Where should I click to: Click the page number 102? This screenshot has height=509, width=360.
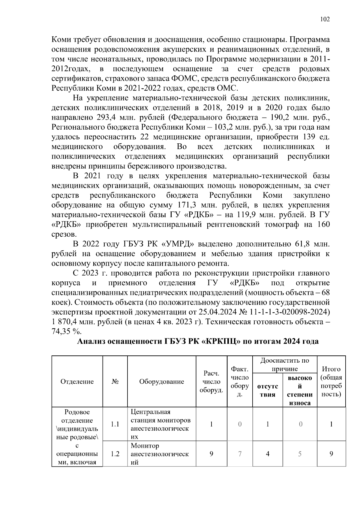click(x=325, y=19)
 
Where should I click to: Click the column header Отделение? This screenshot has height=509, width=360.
click(x=77, y=382)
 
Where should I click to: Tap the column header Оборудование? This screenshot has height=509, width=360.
click(x=161, y=382)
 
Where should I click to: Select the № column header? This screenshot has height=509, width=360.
click(x=115, y=382)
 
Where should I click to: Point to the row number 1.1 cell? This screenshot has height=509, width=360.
click(x=115, y=424)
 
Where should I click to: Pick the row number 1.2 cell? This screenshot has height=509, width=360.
click(x=115, y=454)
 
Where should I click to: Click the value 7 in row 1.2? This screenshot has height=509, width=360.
click(x=240, y=454)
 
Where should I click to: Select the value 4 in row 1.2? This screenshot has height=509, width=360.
click(x=267, y=454)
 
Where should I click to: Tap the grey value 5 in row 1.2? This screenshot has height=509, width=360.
click(x=300, y=454)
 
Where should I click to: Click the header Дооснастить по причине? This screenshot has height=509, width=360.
click(x=284, y=364)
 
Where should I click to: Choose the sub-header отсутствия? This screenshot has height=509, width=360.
click(x=267, y=390)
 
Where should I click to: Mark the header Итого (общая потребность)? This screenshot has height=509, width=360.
click(x=331, y=382)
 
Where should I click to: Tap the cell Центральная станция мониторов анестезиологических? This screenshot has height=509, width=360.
click(x=161, y=424)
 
